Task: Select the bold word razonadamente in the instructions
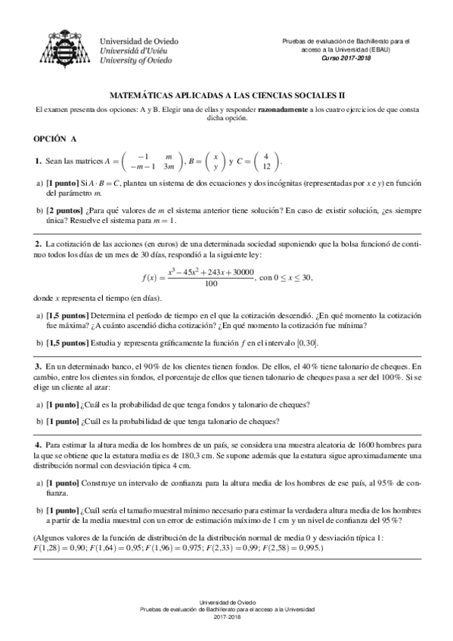coord(282,110)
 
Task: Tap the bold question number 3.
coord(37,366)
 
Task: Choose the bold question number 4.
coord(37,438)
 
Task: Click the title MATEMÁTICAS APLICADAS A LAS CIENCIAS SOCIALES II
coord(226,97)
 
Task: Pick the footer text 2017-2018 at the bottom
coord(226,617)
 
